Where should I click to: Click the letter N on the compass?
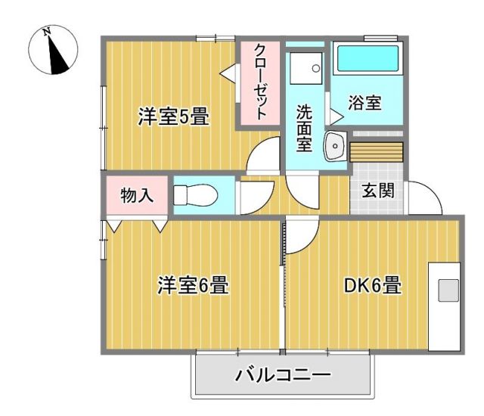tap(47, 32)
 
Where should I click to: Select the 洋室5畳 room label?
tap(173, 116)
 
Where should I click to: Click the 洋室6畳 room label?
tap(194, 284)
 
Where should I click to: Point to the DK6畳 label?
tap(373, 285)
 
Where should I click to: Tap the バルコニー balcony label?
tap(283, 374)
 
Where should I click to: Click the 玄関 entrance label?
tap(378, 190)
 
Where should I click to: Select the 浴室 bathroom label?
tap(365, 102)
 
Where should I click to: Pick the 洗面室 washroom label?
tap(304, 129)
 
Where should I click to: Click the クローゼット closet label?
tap(260, 82)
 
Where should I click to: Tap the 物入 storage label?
tap(137, 195)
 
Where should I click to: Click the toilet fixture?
tap(195, 195)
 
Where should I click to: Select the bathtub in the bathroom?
tap(368, 58)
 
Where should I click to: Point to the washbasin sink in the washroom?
tap(335, 146)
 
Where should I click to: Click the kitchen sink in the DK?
tap(448, 290)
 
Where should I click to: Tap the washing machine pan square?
tap(306, 68)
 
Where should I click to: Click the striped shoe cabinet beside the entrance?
tap(377, 152)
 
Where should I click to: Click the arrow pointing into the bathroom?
tap(337, 116)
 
